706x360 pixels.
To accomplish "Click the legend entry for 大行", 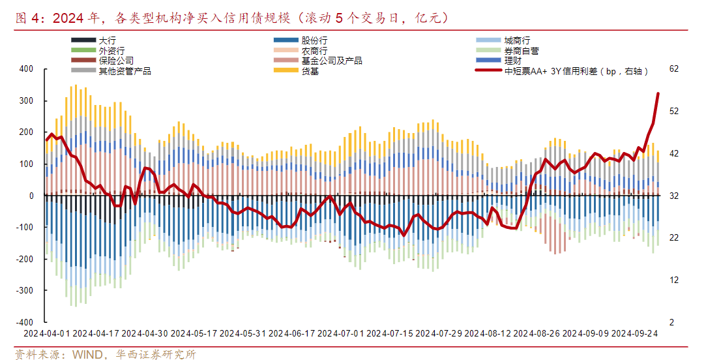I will [x=107, y=40].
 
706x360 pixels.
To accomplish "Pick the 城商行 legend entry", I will [x=513, y=40].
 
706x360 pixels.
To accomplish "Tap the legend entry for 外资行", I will [x=111, y=50].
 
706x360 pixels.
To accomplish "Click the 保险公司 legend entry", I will [x=116, y=61].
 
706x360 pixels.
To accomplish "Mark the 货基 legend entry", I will [x=310, y=71].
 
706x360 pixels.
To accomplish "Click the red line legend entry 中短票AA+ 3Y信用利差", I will [x=574, y=71].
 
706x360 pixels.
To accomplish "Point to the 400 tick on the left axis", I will [x=25, y=68].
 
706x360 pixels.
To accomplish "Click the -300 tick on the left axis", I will [x=23, y=291].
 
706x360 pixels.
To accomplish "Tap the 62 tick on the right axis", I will [x=674, y=68].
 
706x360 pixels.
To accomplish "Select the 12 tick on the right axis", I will [x=674, y=280].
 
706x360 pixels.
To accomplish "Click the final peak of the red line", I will [x=658, y=93].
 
